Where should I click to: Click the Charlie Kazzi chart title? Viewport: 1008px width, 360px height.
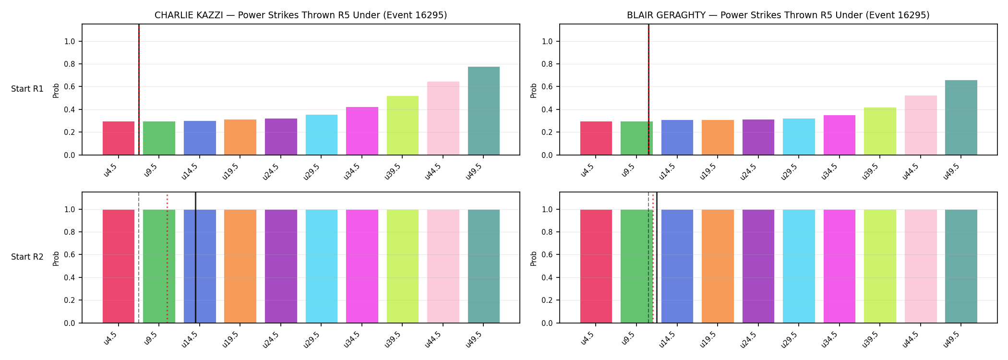300,15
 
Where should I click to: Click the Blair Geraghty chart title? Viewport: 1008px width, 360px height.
778,15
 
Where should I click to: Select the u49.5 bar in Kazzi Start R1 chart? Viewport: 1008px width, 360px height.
484,111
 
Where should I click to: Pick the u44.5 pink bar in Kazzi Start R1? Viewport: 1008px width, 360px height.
443,118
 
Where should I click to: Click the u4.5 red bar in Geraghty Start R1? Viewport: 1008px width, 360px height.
596,138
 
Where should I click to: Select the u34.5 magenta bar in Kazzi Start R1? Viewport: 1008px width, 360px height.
362,131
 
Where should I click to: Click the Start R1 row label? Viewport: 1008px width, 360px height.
27,89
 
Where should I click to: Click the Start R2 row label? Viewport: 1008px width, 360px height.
27,257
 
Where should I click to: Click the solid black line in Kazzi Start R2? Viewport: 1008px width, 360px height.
196,257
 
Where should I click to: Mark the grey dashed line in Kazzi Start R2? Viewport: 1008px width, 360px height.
139,257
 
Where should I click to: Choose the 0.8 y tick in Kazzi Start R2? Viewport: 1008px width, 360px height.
70,232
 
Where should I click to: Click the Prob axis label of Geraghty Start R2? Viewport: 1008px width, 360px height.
534,258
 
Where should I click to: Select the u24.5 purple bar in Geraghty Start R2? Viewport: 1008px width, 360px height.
758,266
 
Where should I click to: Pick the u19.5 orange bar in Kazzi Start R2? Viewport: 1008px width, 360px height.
240,266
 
